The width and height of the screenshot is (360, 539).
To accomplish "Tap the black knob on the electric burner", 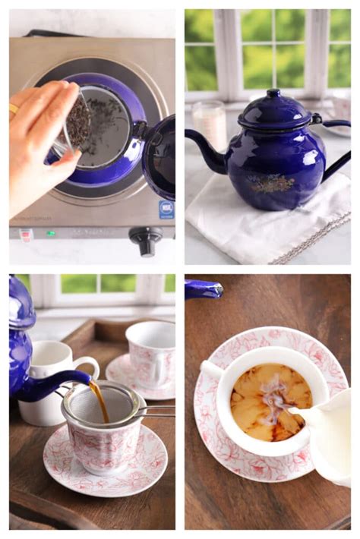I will (x=145, y=239).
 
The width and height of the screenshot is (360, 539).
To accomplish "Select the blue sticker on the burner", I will (x=166, y=210).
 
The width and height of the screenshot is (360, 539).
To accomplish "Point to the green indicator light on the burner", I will (x=51, y=233).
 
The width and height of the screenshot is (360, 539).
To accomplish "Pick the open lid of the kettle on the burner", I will (x=159, y=156).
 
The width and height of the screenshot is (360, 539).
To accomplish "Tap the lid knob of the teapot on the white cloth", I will (x=272, y=95).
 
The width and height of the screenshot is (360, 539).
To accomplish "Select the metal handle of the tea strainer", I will (x=156, y=411).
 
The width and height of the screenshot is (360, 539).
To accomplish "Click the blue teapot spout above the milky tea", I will (x=203, y=288).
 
